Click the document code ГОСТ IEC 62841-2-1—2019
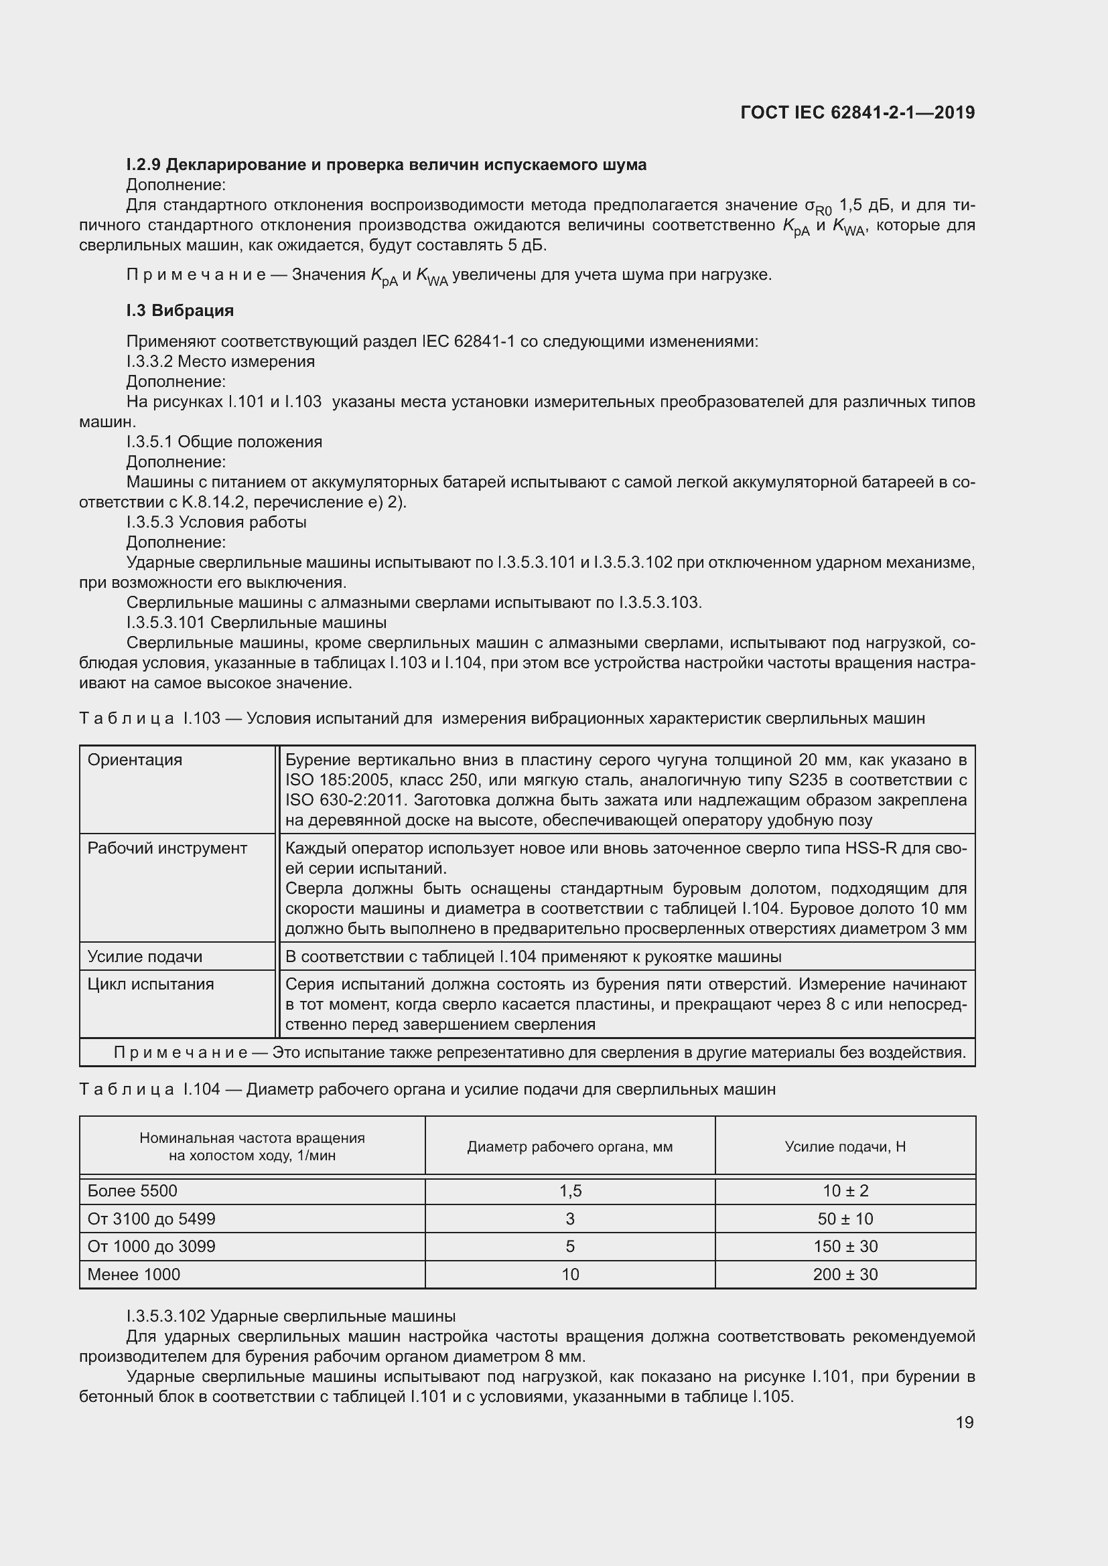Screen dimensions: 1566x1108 [x=857, y=112]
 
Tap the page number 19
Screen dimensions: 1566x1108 [x=964, y=1422]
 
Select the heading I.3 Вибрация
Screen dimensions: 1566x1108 [x=180, y=311]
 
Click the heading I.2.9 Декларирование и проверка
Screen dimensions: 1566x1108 [x=386, y=165]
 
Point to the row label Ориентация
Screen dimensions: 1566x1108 [x=135, y=760]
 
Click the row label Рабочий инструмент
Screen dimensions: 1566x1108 [x=167, y=848]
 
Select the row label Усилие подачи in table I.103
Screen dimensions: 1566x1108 [x=145, y=956]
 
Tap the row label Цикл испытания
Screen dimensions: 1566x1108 [x=150, y=984]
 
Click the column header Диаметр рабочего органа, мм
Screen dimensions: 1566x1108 [x=569, y=1146]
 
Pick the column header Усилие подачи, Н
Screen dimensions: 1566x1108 [x=845, y=1146]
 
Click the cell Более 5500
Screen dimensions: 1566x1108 [x=133, y=1191]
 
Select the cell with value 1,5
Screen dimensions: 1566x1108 [x=569, y=1191]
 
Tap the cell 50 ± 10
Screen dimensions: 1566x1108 [x=845, y=1219]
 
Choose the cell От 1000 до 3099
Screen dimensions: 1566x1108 [x=151, y=1246]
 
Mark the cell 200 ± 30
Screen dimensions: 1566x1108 [x=845, y=1274]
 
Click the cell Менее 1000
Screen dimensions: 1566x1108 [x=134, y=1274]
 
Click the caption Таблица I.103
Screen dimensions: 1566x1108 [x=502, y=718]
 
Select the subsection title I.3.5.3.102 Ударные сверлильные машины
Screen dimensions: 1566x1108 [x=291, y=1316]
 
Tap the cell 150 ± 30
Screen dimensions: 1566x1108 [x=845, y=1246]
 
